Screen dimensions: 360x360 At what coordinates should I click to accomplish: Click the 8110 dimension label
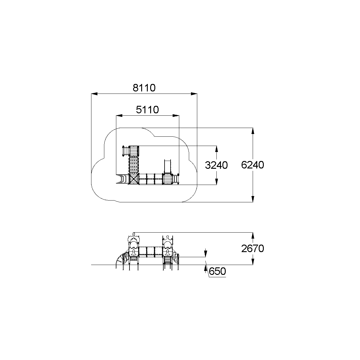click(144, 88)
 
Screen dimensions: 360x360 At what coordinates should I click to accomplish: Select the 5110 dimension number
click(147, 110)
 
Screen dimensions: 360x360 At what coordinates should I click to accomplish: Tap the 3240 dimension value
click(216, 165)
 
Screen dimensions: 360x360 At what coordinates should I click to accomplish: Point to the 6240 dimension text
click(253, 165)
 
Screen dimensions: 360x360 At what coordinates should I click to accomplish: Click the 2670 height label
click(253, 248)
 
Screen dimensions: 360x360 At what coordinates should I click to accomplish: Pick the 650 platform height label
click(217, 271)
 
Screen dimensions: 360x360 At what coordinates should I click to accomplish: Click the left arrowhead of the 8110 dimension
click(94, 94)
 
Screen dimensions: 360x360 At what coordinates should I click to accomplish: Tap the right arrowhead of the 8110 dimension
click(194, 94)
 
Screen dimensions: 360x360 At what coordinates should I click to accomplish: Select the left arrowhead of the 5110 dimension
click(119, 116)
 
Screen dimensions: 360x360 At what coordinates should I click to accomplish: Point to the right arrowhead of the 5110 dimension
click(176, 116)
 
